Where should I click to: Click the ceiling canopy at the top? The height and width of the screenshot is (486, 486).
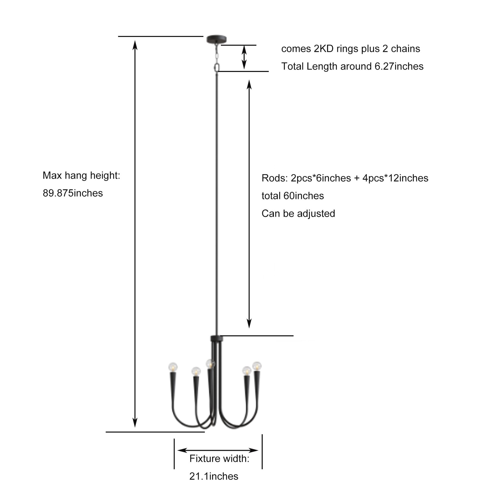[x=216, y=39]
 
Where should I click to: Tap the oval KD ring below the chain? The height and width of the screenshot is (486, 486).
[x=217, y=68]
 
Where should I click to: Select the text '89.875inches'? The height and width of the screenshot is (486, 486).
[x=73, y=193]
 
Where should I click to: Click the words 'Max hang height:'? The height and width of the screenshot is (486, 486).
[x=81, y=175]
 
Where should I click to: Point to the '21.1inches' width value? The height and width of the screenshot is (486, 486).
[x=214, y=476]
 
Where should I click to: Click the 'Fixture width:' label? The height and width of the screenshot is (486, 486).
[x=219, y=458]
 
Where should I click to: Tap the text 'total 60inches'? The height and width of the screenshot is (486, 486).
[x=293, y=196]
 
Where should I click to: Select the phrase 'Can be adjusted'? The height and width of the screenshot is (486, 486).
[x=298, y=213]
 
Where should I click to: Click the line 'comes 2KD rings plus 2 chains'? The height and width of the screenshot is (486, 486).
[x=351, y=49]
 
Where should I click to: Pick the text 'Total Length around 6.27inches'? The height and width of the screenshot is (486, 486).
[x=352, y=66]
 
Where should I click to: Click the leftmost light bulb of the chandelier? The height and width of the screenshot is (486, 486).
[x=173, y=367]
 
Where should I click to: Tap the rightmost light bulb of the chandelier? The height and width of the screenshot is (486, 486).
[x=257, y=366]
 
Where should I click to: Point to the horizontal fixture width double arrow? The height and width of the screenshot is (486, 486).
[x=218, y=450]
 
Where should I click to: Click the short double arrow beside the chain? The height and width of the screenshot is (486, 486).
[x=244, y=57]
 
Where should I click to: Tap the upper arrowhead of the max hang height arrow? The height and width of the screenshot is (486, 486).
[x=135, y=46]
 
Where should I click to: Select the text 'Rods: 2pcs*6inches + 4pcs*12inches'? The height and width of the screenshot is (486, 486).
[x=345, y=178]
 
